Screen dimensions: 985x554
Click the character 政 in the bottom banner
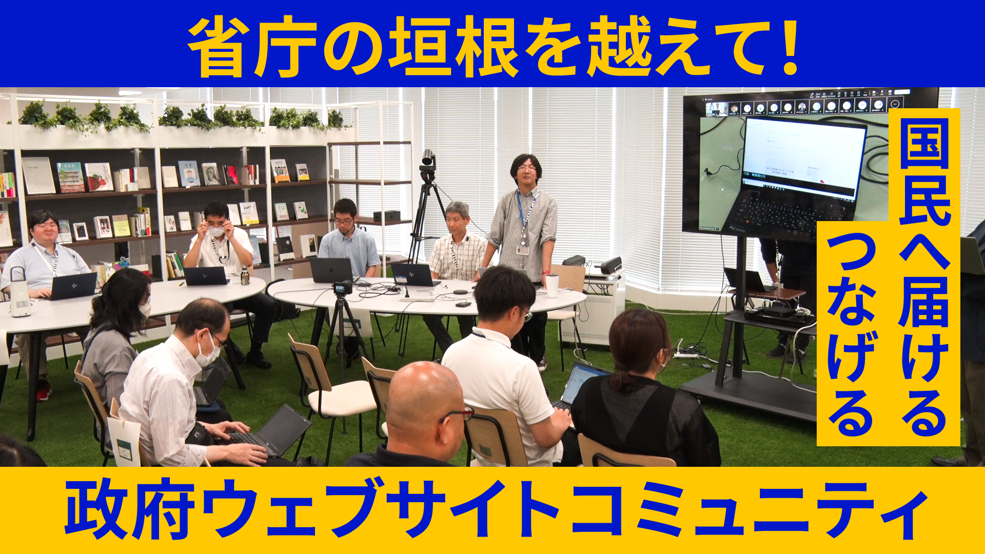click(x=95, y=508)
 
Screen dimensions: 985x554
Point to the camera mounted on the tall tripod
click(x=428, y=160)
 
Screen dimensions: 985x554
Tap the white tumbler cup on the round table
click(x=552, y=285)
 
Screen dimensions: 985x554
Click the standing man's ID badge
click(x=522, y=250)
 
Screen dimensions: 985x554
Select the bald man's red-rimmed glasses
click(x=457, y=414)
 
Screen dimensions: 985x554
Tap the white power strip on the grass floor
click(x=686, y=354)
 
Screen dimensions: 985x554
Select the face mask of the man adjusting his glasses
click(x=216, y=231)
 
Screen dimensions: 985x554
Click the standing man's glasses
click(x=526, y=168)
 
